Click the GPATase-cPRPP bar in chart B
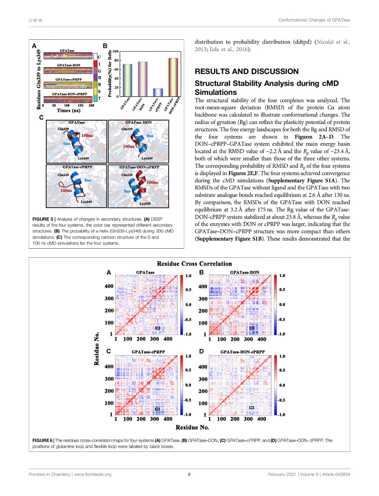158,92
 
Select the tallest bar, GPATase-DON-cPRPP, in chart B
173,77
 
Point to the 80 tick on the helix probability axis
116,60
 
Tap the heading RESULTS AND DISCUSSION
247,71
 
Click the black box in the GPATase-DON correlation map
252,328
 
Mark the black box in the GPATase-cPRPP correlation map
157,409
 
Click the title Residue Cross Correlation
194,264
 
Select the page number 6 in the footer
190,474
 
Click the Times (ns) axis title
69,110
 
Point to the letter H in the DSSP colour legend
100,77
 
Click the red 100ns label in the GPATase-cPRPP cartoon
66,190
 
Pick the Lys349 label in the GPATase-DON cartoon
147,158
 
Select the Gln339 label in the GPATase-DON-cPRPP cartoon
127,175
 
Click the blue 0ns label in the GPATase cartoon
66,144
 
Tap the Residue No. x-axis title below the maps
192,427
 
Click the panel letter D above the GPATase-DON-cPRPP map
201,351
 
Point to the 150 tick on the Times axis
80,105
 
